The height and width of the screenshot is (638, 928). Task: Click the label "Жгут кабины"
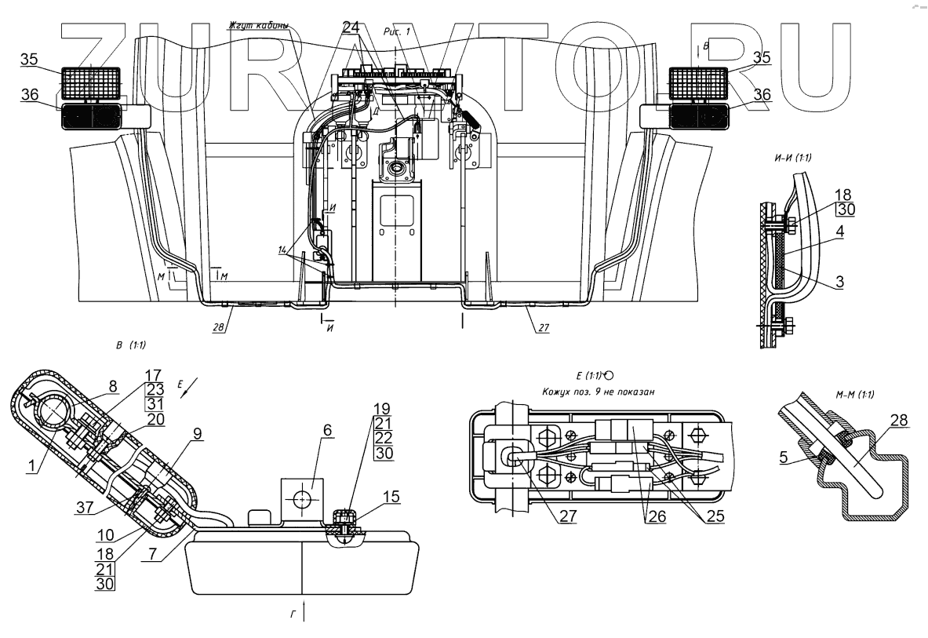[258, 26]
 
